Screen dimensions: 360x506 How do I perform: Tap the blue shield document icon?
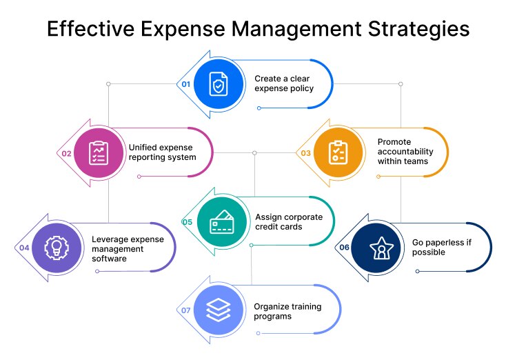click(219, 83)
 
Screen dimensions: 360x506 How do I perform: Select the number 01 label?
click(185, 83)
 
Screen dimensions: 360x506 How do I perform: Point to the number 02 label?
click(67, 154)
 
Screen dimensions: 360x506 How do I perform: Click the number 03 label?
click(305, 154)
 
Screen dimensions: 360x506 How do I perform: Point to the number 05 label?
click(187, 222)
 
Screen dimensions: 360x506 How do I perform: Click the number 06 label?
click(345, 248)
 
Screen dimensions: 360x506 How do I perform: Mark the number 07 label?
click(185, 311)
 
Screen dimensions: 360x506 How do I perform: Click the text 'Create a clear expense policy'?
click(283, 83)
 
